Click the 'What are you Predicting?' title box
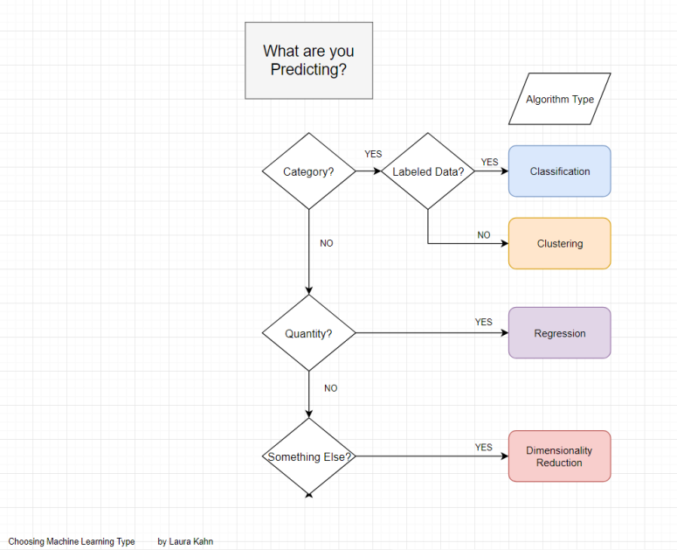[308, 60]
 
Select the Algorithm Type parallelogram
[559, 99]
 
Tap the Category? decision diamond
[308, 171]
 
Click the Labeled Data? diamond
[427, 171]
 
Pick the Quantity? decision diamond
[308, 333]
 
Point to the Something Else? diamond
[309, 456]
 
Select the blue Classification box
[559, 171]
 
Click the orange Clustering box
[559, 243]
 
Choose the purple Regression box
[559, 333]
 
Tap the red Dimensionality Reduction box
[559, 456]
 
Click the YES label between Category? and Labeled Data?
[373, 154]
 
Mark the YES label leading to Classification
[489, 162]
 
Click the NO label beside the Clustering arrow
[483, 234]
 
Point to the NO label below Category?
[326, 243]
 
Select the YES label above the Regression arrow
[483, 322]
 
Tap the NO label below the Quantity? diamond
[330, 388]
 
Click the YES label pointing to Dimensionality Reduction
[483, 447]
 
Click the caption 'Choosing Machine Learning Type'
[72, 541]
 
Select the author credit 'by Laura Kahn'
[185, 541]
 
